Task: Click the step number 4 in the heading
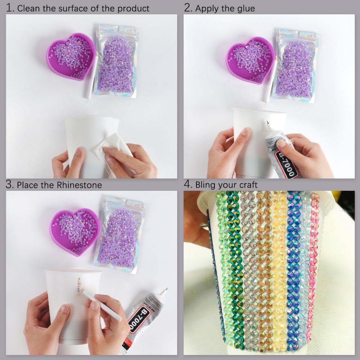point(188,184)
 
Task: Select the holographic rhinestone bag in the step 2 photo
point(293,65)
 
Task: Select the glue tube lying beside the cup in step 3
point(144,317)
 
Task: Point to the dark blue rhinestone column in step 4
point(293,266)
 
